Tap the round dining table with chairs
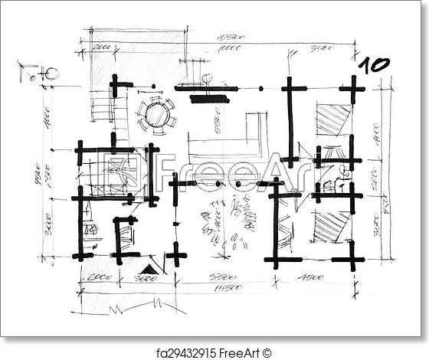point(156,115)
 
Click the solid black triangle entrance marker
point(149,269)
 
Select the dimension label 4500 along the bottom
point(310,277)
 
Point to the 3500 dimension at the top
point(320,48)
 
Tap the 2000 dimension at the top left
point(101,47)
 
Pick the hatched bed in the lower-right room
point(331,227)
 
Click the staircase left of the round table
point(102,106)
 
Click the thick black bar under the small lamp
point(209,99)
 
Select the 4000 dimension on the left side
point(47,119)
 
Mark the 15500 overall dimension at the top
point(229,37)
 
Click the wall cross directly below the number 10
point(352,90)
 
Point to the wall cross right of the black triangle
point(176,254)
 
